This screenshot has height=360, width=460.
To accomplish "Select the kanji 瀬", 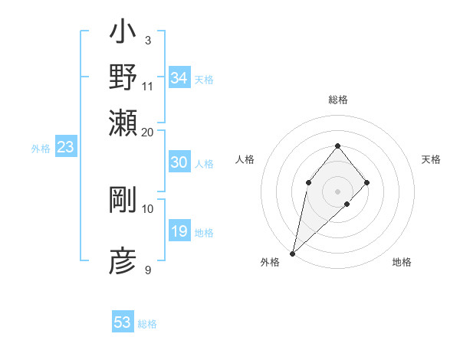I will (123, 120).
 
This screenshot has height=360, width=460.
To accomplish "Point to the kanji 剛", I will (123, 200).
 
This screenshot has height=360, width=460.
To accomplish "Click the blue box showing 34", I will (179, 78).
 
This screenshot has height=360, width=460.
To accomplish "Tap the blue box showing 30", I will (179, 162).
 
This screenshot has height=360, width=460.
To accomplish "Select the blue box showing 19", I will (179, 231).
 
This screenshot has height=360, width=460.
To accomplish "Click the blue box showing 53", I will (123, 322).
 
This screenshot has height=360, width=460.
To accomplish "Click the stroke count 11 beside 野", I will (148, 85).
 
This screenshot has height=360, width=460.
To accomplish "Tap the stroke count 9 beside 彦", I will (147, 270).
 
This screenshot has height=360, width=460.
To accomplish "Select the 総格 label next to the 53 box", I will (147, 324).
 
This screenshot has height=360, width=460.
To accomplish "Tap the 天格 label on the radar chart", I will (432, 159).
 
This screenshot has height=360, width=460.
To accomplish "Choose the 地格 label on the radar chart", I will (402, 262).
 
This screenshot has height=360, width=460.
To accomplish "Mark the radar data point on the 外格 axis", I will (292, 253).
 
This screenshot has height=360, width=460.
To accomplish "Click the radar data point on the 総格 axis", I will (337, 146).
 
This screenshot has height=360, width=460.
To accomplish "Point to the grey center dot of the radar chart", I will (337, 191).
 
